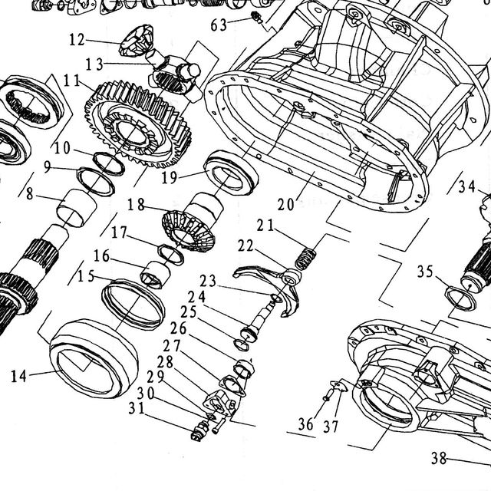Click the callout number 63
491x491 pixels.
point(219,25)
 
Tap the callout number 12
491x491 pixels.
point(77,40)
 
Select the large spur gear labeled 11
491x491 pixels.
point(138,124)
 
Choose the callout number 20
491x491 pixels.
point(286,205)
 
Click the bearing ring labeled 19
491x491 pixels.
point(231,172)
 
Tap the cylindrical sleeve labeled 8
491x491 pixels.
point(76,208)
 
